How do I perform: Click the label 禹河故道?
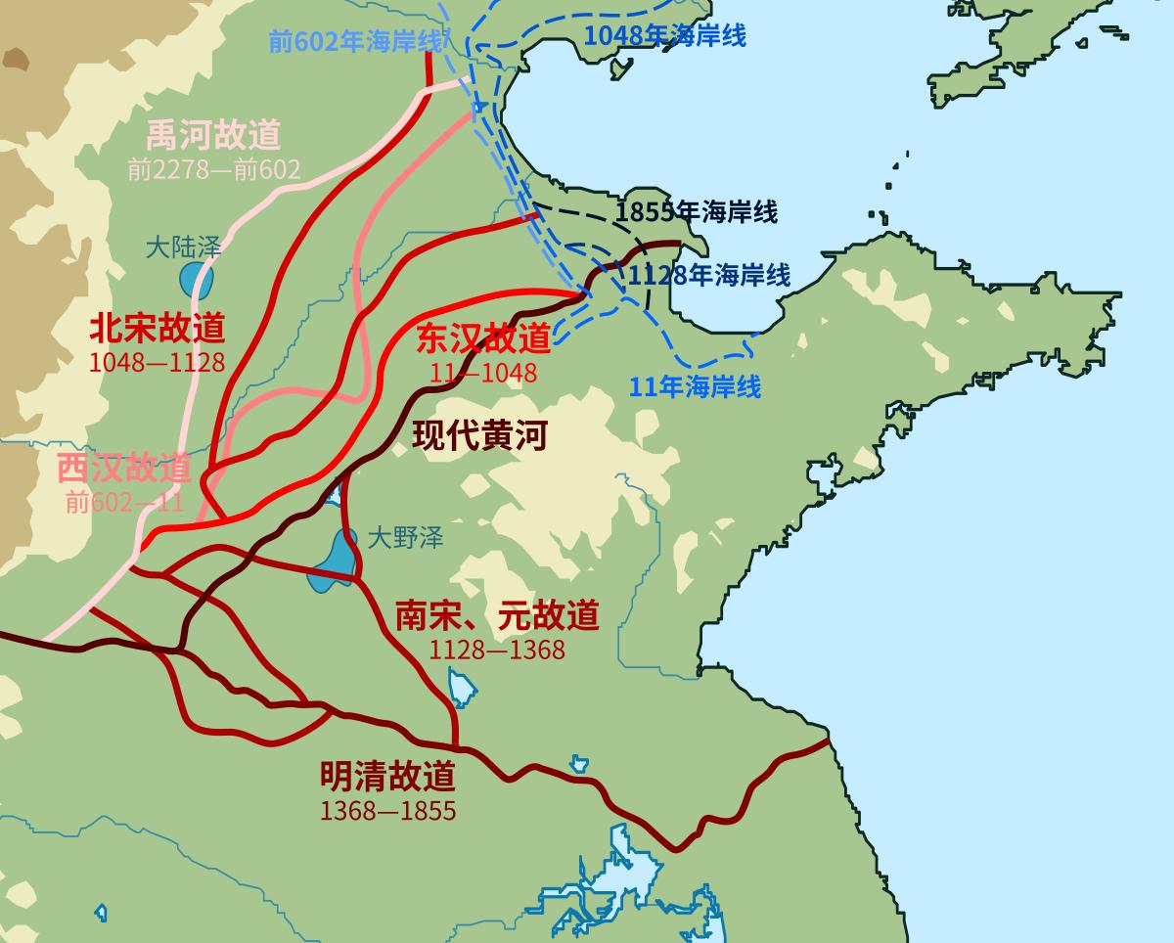213,134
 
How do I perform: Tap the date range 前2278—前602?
213,169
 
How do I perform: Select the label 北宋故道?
158,327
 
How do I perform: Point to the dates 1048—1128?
158,362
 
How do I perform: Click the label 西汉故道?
123,469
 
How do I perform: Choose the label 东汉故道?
483,337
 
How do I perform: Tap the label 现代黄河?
479,435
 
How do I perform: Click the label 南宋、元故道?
497,615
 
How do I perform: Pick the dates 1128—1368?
497,649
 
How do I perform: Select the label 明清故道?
387,777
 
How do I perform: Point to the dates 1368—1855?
387,811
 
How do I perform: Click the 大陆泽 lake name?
184,247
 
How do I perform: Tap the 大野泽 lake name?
406,536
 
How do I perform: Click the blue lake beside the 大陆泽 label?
190,279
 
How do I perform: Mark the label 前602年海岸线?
355,42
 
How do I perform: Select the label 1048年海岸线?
665,36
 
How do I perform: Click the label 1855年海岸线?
697,211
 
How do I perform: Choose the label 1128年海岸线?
709,275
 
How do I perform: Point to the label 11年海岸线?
695,386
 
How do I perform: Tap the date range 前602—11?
125,503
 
